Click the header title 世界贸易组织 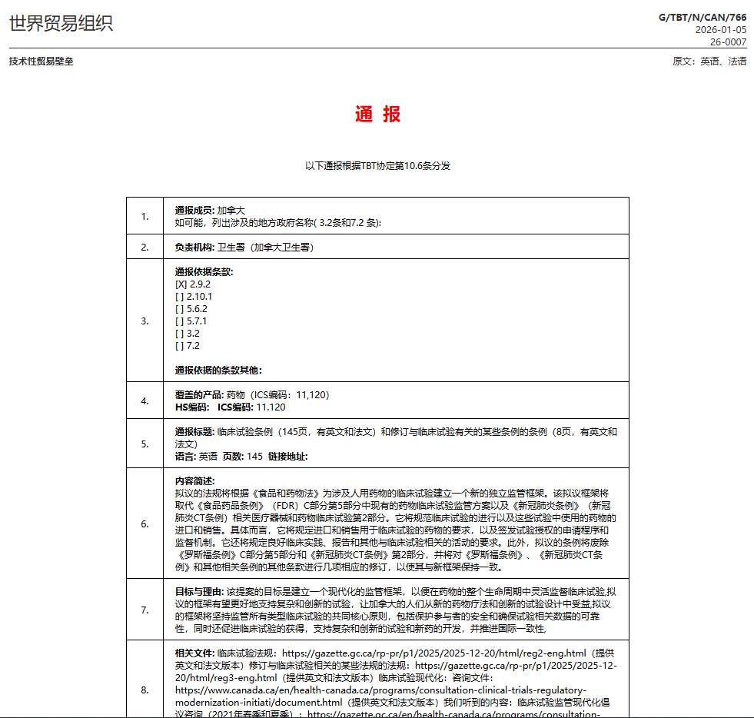[x=61, y=23]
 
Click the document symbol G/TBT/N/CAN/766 [x=702, y=17]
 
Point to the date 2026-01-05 [x=720, y=30]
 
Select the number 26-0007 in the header [x=727, y=42]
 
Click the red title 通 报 [x=377, y=115]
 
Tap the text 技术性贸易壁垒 [x=42, y=61]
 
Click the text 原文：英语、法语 [x=709, y=61]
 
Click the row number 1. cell [x=144, y=216]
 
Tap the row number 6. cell [x=144, y=524]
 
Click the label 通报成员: [x=194, y=210]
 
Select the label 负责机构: [x=194, y=248]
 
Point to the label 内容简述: [x=194, y=480]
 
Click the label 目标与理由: [x=199, y=591]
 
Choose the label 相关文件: [x=194, y=653]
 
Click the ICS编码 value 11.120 [x=271, y=407]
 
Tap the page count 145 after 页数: [x=254, y=457]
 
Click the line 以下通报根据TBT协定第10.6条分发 [x=377, y=165]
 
